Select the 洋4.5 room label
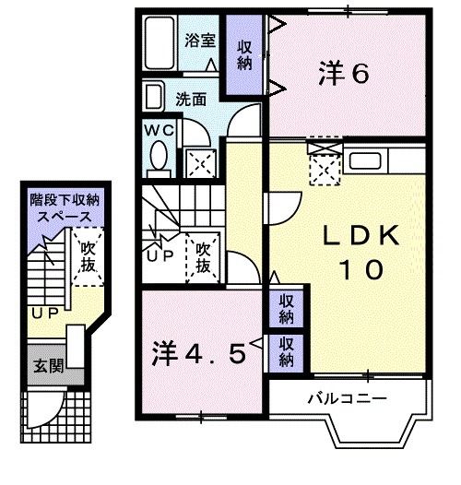click(199, 353)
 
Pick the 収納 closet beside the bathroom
click(244, 54)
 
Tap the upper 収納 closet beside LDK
click(287, 309)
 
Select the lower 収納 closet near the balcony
click(287, 350)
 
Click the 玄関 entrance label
click(49, 365)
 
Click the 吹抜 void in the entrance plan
click(88, 257)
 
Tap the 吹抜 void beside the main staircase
click(204, 256)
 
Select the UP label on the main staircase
click(160, 256)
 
